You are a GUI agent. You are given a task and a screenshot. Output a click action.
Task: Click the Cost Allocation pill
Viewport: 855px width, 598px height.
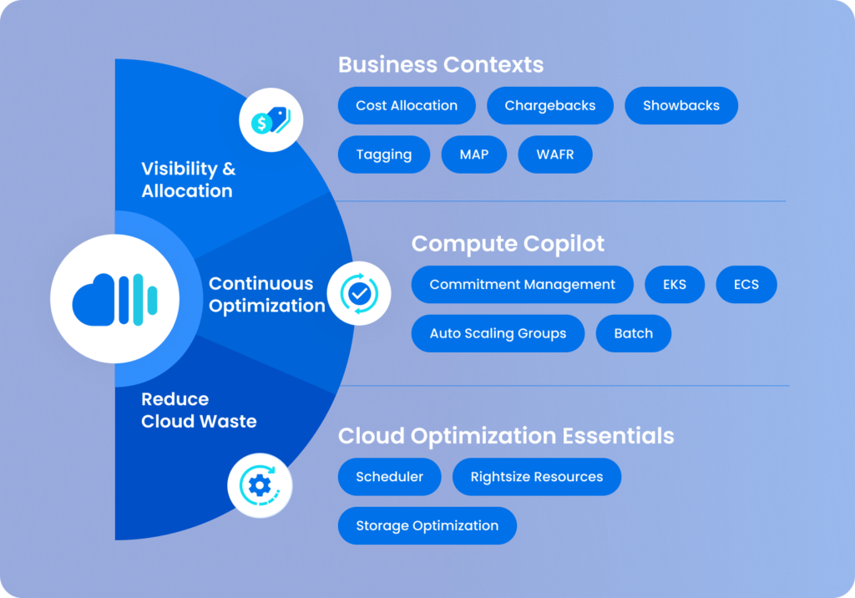pos(407,106)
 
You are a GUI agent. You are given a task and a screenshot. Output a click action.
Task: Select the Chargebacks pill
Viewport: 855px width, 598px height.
pos(550,106)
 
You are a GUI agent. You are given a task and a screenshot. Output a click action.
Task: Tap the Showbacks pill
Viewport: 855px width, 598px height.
pos(681,106)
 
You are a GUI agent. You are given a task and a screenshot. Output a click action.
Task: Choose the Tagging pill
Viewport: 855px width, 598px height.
pos(384,155)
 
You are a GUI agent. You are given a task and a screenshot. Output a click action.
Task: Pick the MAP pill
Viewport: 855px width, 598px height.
pos(474,155)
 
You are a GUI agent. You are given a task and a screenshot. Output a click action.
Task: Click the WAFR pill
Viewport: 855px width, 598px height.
pos(555,155)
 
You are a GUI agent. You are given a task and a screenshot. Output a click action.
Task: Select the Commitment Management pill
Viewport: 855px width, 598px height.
pos(523,285)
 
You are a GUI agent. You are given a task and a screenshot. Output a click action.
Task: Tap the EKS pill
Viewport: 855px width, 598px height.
pos(675,285)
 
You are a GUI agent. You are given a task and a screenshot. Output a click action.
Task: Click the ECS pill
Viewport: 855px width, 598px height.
pos(746,285)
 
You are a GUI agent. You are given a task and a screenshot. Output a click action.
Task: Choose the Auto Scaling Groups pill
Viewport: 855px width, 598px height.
pos(498,333)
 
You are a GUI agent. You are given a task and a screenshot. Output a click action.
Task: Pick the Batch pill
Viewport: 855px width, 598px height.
pos(634,333)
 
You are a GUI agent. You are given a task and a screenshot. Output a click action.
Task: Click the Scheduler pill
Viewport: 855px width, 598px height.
pos(390,477)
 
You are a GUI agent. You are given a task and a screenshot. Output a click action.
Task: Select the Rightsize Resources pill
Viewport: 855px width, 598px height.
pos(537,477)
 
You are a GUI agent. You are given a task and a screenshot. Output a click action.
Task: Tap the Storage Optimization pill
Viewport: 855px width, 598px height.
pos(427,525)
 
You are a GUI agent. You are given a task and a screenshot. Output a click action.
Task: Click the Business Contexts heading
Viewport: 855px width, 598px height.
pos(441,64)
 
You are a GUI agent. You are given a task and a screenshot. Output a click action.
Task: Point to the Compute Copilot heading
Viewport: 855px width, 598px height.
pos(508,244)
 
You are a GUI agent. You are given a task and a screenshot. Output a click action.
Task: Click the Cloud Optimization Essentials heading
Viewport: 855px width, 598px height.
pos(506,435)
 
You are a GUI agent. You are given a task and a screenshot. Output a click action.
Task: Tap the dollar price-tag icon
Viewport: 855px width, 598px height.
pos(271,122)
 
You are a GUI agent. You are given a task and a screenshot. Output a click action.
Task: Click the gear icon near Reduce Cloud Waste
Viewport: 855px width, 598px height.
pos(260,485)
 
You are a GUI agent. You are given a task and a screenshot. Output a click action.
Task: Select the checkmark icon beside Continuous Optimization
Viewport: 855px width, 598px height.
pos(359,292)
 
